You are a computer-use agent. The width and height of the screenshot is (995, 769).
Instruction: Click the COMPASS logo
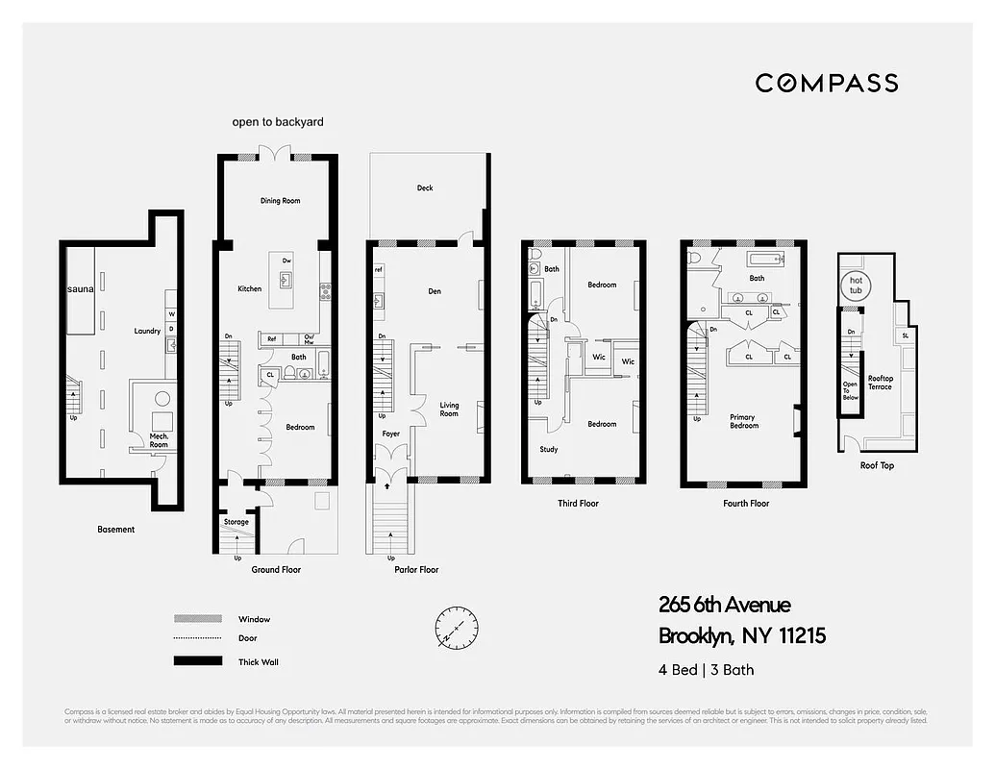pos(826,83)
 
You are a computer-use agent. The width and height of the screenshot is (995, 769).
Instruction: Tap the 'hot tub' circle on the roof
pos(855,285)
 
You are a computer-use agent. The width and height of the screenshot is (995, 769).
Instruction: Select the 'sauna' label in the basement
pos(80,288)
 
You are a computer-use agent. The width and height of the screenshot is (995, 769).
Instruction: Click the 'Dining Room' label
pos(280,201)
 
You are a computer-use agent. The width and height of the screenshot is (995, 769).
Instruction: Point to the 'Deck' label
pos(425,188)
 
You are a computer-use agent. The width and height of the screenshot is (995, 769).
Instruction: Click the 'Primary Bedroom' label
pos(743,421)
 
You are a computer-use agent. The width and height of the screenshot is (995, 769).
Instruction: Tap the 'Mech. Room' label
pos(159,440)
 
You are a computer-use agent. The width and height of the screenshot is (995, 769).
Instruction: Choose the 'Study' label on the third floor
pos(548,449)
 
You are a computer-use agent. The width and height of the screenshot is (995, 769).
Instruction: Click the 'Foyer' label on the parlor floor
pos(390,434)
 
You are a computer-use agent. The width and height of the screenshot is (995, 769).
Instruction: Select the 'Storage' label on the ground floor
pos(236,522)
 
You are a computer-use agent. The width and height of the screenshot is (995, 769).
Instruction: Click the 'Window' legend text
pos(254,619)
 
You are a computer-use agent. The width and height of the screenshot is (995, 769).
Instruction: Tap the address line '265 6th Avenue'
pos(724,605)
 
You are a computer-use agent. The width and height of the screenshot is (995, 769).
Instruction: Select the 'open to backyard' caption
pos(278,122)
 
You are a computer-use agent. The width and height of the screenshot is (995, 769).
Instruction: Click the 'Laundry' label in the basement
pos(147,332)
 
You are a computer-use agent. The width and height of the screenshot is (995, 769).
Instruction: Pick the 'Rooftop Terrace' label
pos(880,383)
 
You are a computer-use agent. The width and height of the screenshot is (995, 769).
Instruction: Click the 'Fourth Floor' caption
pos(746,503)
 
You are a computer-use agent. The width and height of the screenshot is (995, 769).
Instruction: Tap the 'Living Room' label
pos(449,409)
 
